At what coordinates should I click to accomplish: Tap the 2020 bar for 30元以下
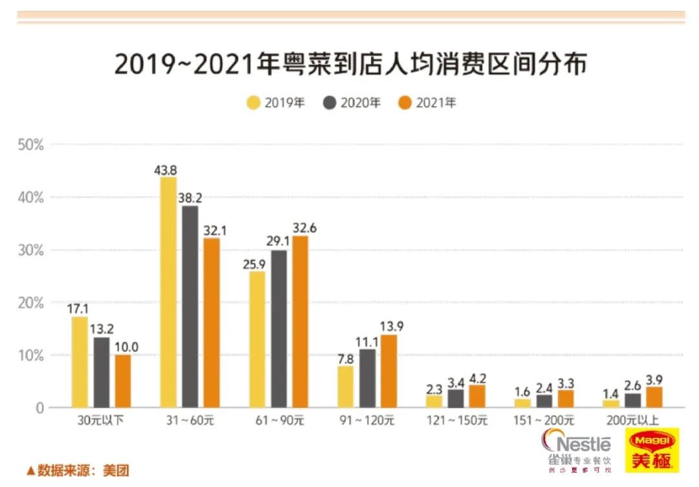[x=101, y=372]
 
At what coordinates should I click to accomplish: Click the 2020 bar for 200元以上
[x=632, y=401]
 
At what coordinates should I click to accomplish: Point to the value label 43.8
[x=166, y=170]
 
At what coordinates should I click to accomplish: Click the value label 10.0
[x=126, y=347]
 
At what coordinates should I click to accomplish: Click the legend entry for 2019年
[x=276, y=102]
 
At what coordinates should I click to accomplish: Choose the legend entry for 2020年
[x=351, y=102]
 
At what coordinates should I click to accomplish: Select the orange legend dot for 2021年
[x=405, y=102]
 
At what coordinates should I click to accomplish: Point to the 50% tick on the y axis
[x=31, y=144]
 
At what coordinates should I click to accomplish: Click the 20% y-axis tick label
[x=31, y=302]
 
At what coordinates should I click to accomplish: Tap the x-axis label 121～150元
[x=457, y=421]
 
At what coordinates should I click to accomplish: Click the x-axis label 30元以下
[x=100, y=421]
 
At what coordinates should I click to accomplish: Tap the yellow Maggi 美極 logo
[x=652, y=451]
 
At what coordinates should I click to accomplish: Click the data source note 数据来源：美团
[x=78, y=470]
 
